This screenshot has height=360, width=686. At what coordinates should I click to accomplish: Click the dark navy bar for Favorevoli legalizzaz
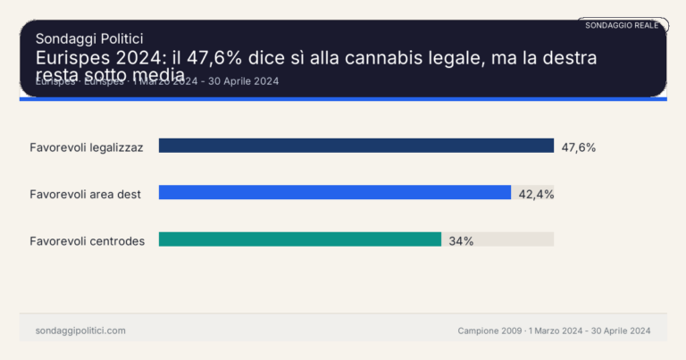(356, 146)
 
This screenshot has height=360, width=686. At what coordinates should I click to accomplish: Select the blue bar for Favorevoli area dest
(335, 192)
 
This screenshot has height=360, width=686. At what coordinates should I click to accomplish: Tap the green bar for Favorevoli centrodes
(300, 239)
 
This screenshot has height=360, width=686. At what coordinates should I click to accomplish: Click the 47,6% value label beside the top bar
(578, 147)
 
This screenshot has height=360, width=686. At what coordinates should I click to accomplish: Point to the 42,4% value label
(536, 194)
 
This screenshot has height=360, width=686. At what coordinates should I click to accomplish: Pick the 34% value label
(461, 240)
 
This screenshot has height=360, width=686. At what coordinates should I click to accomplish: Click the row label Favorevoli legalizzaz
(86, 147)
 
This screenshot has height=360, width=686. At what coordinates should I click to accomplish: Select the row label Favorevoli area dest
(85, 194)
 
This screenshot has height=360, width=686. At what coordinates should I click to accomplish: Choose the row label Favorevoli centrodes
(87, 241)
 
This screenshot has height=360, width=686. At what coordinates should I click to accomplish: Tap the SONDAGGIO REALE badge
(622, 25)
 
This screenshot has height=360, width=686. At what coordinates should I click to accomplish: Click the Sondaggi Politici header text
(89, 38)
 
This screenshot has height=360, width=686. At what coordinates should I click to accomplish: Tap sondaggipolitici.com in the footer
(80, 331)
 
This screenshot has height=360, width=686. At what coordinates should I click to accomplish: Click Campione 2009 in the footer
(489, 331)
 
